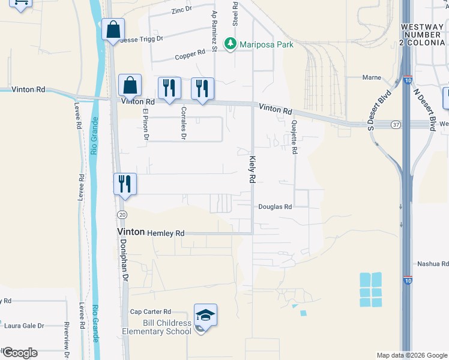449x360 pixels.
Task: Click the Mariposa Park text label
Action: click(x=267, y=44)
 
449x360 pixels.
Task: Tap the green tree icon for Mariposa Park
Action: click(x=230, y=44)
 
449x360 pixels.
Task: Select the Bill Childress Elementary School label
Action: click(x=157, y=327)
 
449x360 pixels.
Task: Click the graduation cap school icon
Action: click(x=205, y=314)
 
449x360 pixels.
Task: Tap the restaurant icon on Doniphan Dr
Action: click(x=125, y=184)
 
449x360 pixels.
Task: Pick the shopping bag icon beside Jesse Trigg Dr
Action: click(x=113, y=29)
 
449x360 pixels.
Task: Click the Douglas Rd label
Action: click(x=275, y=207)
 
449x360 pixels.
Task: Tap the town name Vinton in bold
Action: click(x=130, y=232)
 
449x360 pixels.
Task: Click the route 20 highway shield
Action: click(x=122, y=214)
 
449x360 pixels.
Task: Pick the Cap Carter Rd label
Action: click(x=151, y=312)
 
